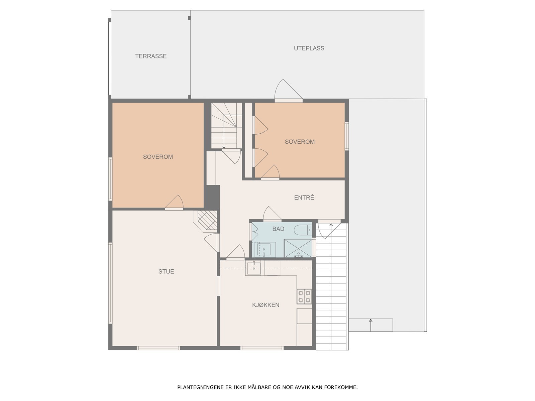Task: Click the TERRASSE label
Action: tap(151, 56)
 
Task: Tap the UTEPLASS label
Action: tap(309, 48)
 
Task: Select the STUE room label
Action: tap(166, 271)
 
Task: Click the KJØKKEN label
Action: tap(265, 305)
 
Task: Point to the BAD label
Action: tap(278, 229)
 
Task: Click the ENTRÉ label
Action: tap(304, 197)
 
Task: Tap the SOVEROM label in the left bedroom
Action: tap(158, 157)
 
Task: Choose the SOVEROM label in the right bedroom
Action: tap(300, 142)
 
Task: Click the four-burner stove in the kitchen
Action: tap(304, 296)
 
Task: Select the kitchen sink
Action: tap(253, 268)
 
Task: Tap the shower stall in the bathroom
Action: tap(298, 248)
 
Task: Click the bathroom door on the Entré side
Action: tap(272, 214)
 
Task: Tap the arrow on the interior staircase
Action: tap(224, 146)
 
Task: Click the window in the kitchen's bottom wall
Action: tap(262, 348)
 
